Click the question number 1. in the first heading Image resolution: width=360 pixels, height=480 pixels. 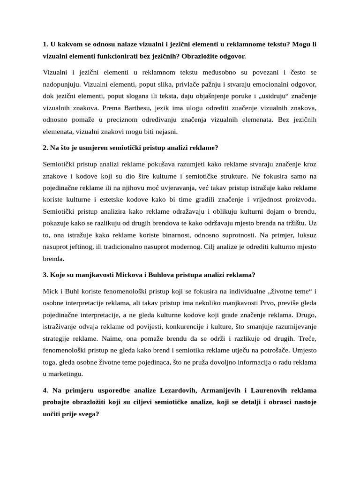tap(45, 44)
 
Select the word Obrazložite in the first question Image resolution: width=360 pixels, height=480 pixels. tap(215, 56)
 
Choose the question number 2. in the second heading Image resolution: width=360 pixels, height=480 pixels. tap(45, 148)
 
